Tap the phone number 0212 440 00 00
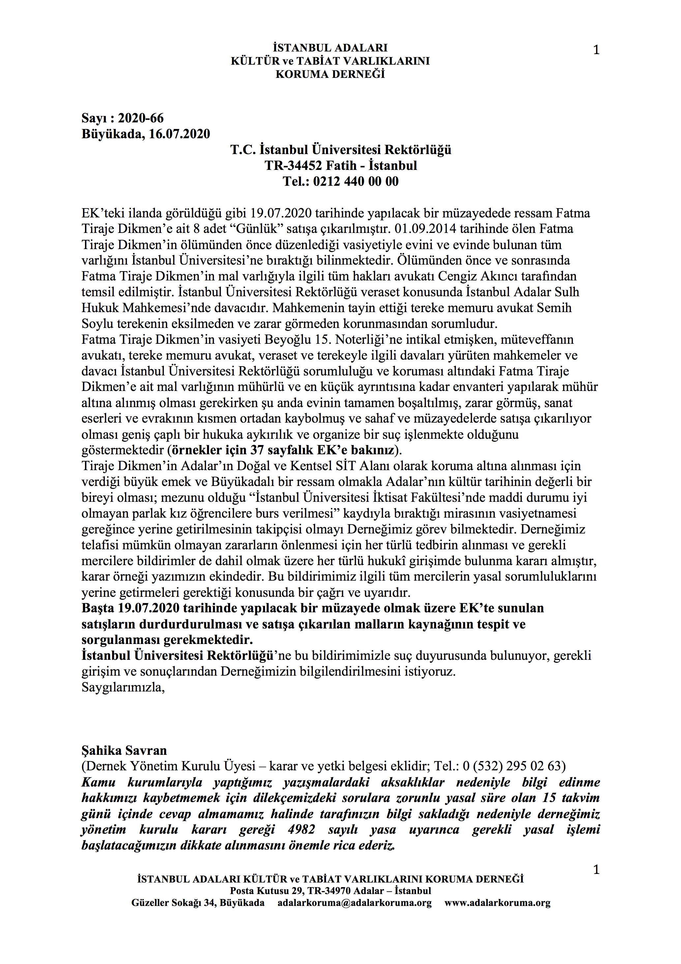pyautogui.click(x=356, y=181)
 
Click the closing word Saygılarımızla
pyautogui.click(x=123, y=687)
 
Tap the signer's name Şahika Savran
pyautogui.click(x=124, y=750)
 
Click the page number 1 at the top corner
pyautogui.click(x=596, y=50)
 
